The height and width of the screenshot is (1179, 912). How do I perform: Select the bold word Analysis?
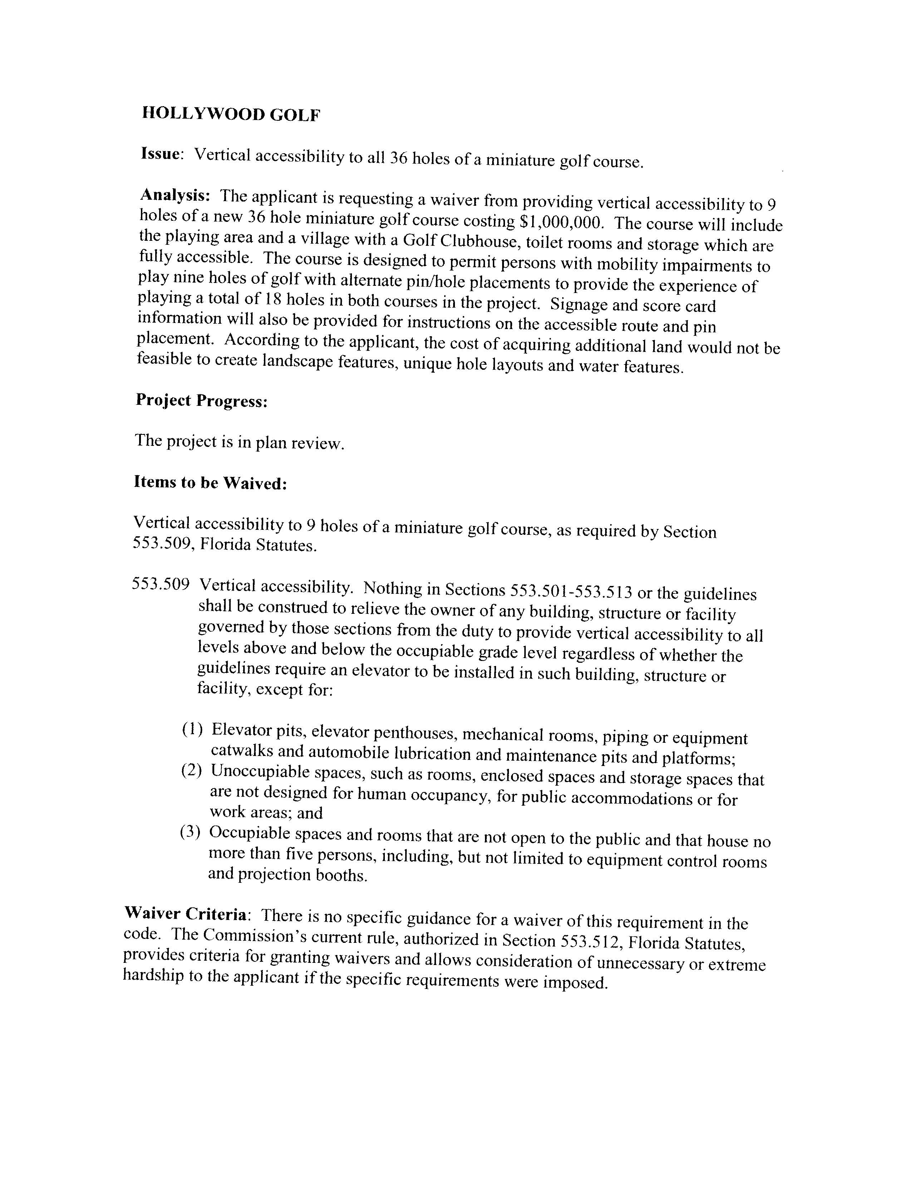175,194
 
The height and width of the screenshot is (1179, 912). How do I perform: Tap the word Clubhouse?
473,241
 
